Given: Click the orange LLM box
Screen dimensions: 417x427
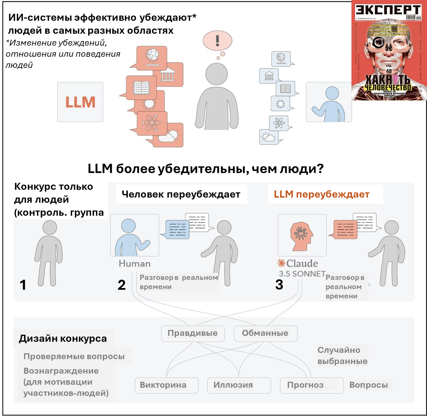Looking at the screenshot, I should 80,102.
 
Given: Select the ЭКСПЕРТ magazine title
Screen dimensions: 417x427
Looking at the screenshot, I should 388,10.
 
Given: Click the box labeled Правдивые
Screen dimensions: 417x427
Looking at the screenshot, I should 193,333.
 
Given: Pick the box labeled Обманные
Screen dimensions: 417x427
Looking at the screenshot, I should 265,333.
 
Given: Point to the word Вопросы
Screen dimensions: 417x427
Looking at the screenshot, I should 368,385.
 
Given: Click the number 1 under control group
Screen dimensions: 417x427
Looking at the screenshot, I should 23,285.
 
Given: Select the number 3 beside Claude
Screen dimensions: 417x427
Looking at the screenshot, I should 279,284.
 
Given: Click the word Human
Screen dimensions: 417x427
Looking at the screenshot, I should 134,264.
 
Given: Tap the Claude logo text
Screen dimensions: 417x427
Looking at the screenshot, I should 298,264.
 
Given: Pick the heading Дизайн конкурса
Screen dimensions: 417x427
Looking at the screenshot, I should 63,338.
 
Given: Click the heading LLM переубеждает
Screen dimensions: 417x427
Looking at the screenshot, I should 321,194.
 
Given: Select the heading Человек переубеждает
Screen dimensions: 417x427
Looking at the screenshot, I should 181,194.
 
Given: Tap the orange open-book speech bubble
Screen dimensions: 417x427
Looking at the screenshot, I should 141,87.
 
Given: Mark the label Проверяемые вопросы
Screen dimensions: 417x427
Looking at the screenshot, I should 74,357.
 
